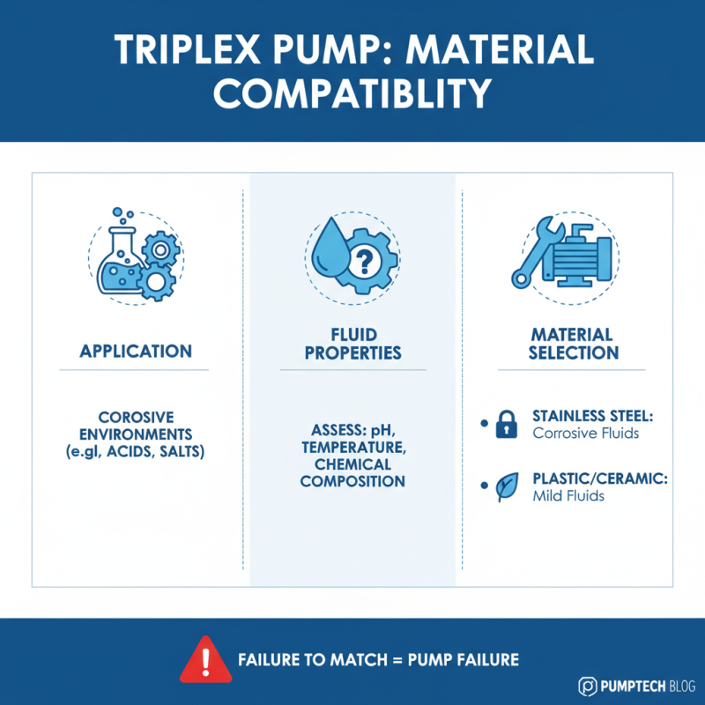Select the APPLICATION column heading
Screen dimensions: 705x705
[x=136, y=351]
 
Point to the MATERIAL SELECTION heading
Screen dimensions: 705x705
[x=572, y=343]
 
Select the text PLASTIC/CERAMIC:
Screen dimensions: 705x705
[x=600, y=479]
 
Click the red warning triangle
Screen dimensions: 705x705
[x=205, y=660]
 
